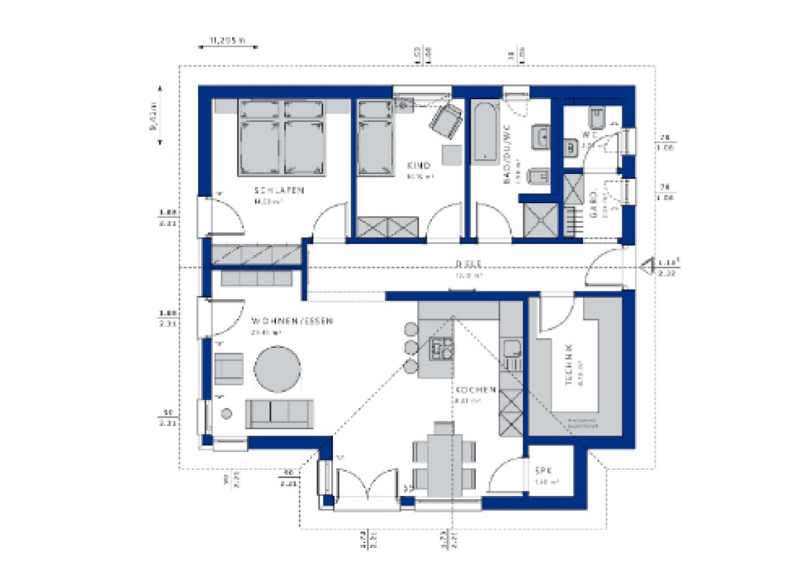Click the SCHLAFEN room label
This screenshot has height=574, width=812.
click(x=280, y=190)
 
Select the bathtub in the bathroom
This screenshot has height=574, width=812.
click(x=486, y=131)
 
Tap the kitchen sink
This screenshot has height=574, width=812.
click(x=511, y=348)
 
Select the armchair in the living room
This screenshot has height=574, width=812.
click(x=228, y=368)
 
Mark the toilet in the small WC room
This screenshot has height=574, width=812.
click(x=596, y=117)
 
